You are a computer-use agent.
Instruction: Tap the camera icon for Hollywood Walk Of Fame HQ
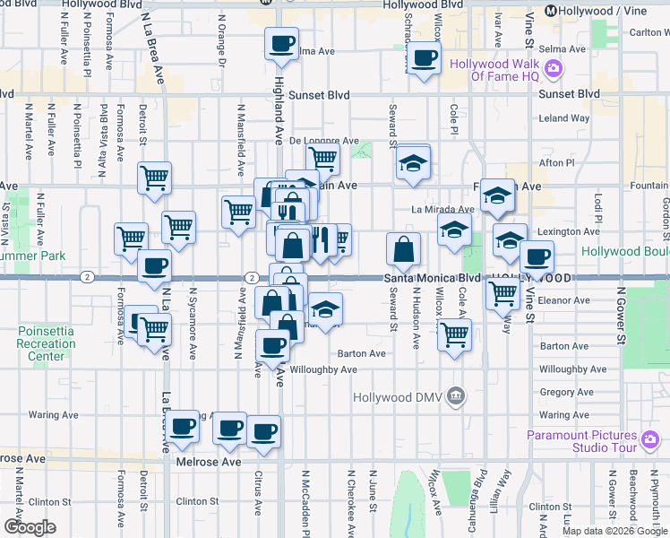pyautogui.click(x=554, y=67)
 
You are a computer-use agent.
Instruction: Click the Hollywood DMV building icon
pyautogui.click(x=456, y=395)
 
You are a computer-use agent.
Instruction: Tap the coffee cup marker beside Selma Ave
pyautogui.click(x=281, y=43)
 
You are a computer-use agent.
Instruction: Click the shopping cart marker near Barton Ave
pyautogui.click(x=455, y=334)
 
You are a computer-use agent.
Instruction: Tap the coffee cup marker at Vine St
pyautogui.click(x=537, y=257)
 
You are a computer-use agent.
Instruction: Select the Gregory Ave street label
pyautogui.click(x=566, y=392)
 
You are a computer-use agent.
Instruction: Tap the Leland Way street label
pyautogui.click(x=563, y=117)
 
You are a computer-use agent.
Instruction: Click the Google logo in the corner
pyautogui.click(x=30, y=527)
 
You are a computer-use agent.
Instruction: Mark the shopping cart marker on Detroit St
pyautogui.click(x=154, y=178)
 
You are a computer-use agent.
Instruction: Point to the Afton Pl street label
pyautogui.click(x=558, y=163)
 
